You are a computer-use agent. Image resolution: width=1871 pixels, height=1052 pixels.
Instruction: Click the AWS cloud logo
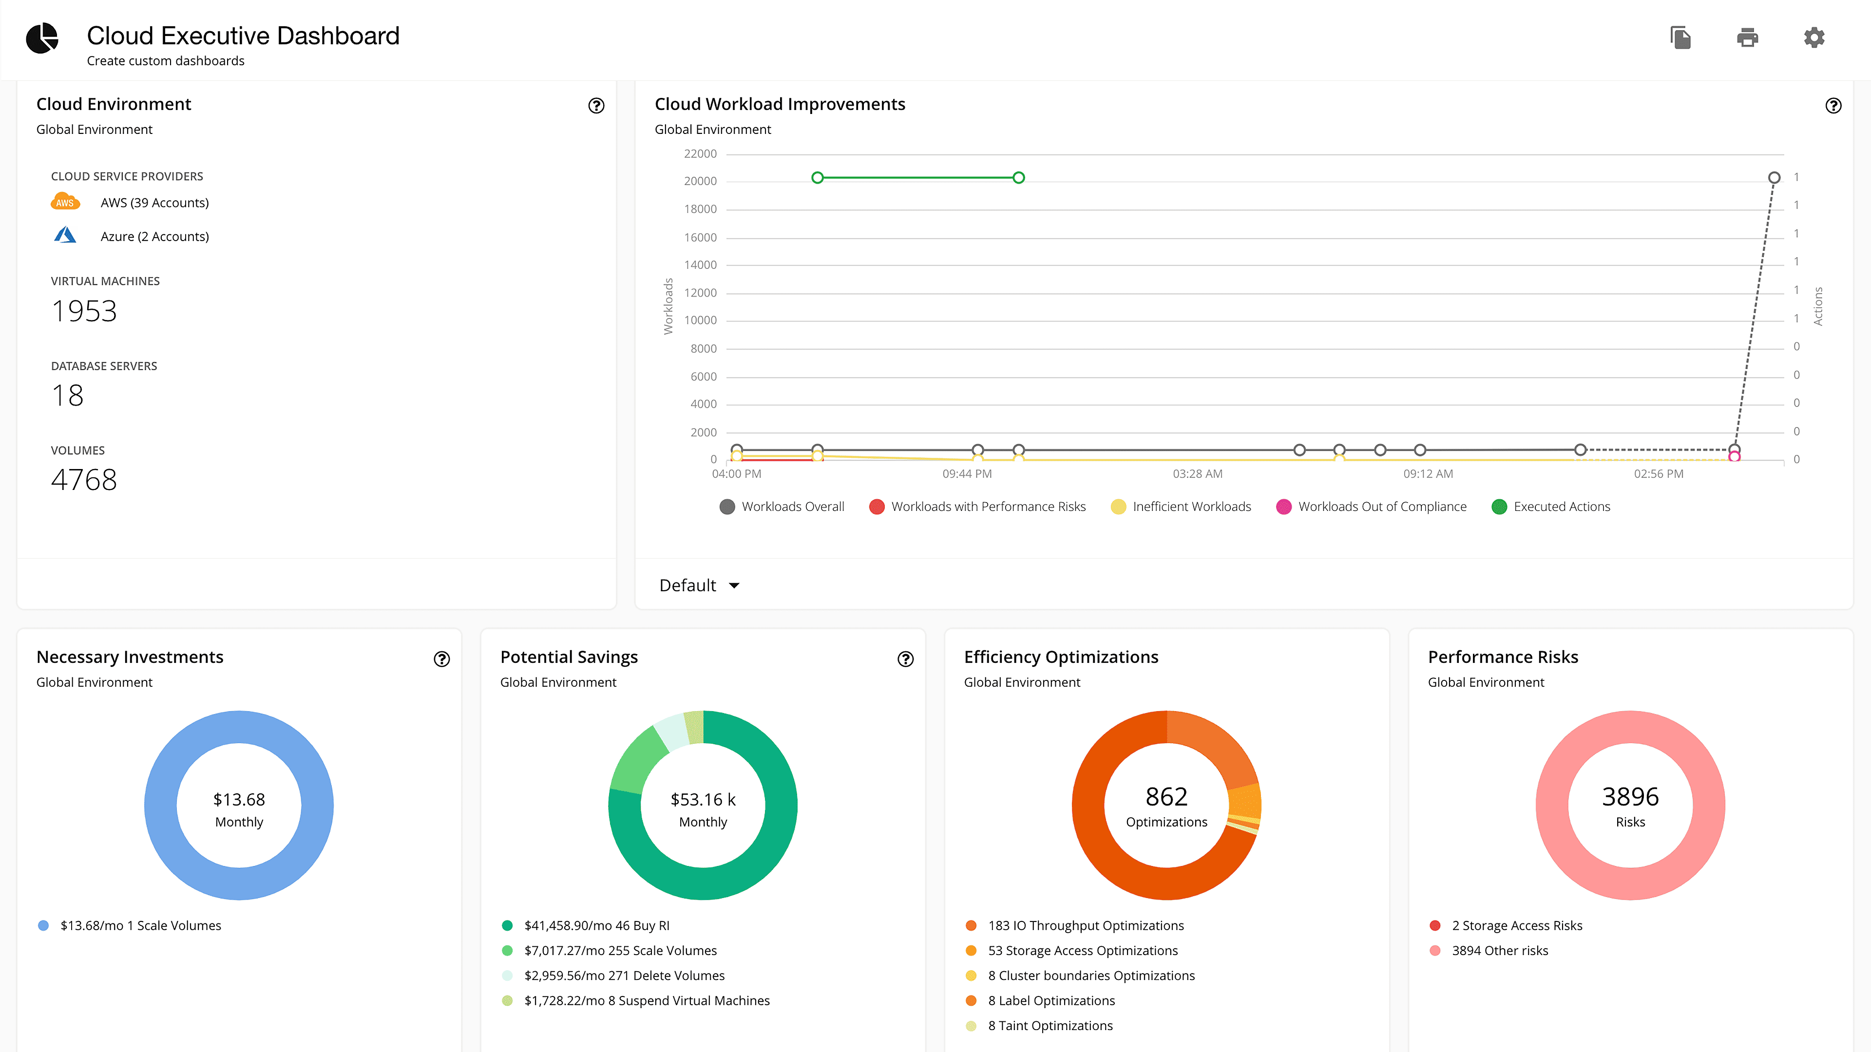[x=65, y=202]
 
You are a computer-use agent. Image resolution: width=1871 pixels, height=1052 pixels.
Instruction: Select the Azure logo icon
[x=65, y=235]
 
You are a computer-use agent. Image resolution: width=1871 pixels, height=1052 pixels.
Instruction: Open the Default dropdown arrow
[x=734, y=585]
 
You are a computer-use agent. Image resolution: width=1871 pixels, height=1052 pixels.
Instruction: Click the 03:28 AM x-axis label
[x=1197, y=474]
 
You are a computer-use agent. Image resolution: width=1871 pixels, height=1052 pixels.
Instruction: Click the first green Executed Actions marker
[x=817, y=178]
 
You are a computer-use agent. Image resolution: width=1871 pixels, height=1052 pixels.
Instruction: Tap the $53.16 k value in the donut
[x=702, y=799]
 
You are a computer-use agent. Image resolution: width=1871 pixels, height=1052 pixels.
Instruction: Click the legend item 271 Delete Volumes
[x=624, y=976]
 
